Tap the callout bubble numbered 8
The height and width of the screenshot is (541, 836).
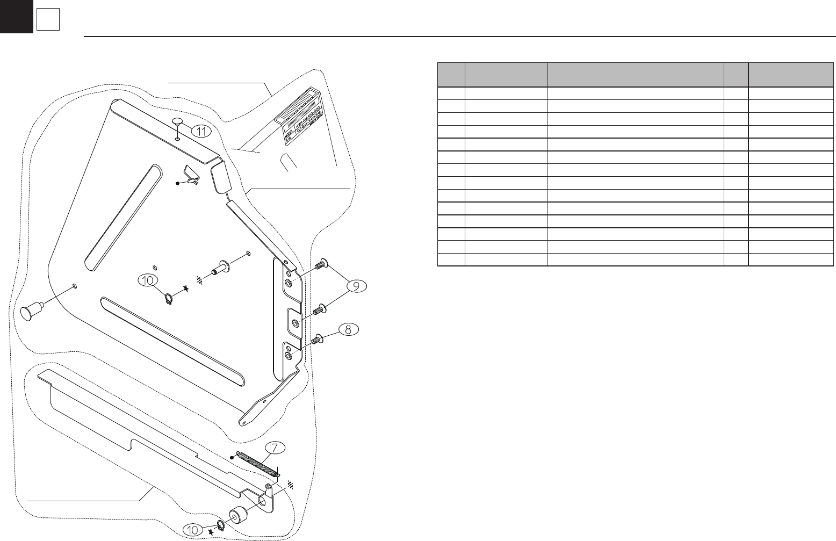click(x=348, y=329)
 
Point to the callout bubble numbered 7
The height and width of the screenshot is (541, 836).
click(x=275, y=448)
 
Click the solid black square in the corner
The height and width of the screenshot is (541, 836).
click(x=16, y=16)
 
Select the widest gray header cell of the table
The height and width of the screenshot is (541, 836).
click(x=635, y=75)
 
